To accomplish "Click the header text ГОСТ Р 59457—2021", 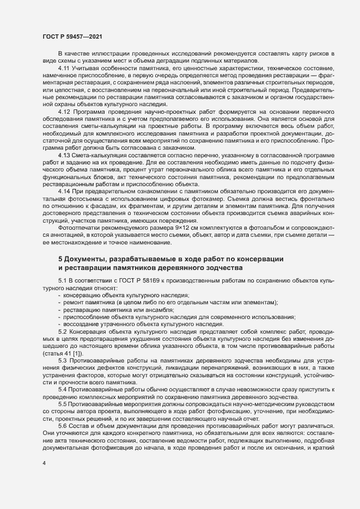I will (x=72, y=36).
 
